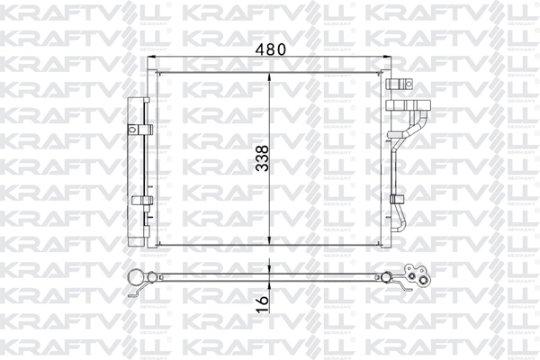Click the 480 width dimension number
click(270, 50)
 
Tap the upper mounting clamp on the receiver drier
click(139, 128)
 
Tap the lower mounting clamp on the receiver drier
click(139, 200)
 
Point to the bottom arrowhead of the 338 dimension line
click(270, 246)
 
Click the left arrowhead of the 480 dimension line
click(153, 60)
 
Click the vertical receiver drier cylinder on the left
click(139, 171)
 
